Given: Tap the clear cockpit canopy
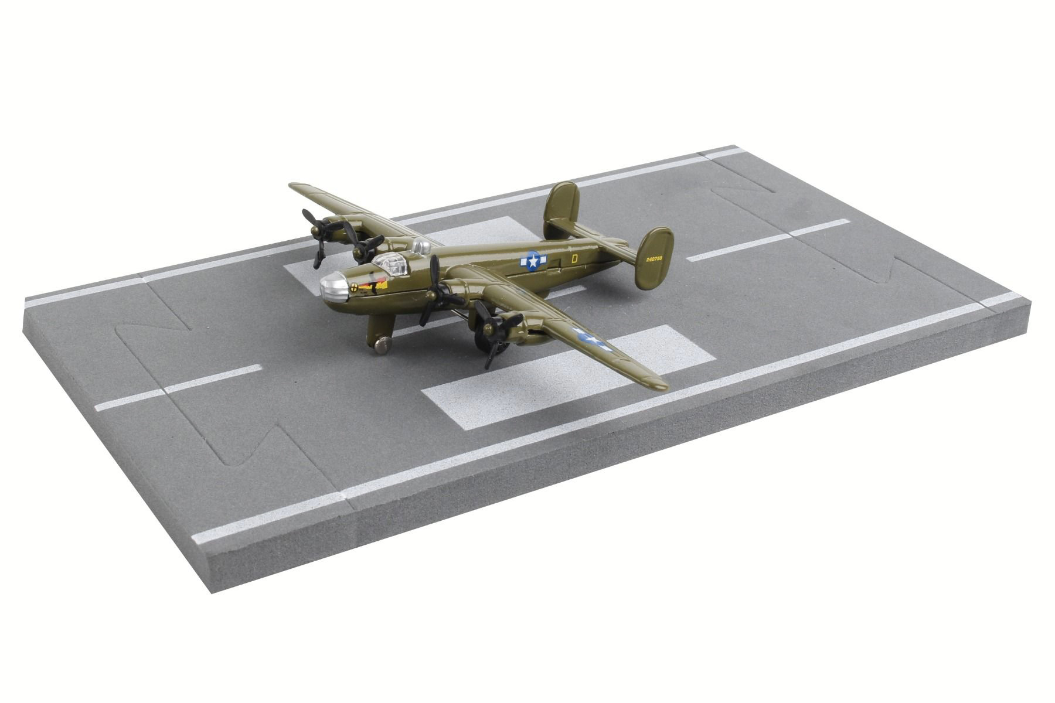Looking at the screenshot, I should click(392, 265).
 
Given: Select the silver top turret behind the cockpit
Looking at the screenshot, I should click(421, 247).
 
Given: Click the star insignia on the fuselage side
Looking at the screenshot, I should click(532, 261).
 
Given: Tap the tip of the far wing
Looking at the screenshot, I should click(293, 186).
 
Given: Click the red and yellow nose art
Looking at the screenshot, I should click(373, 285).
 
